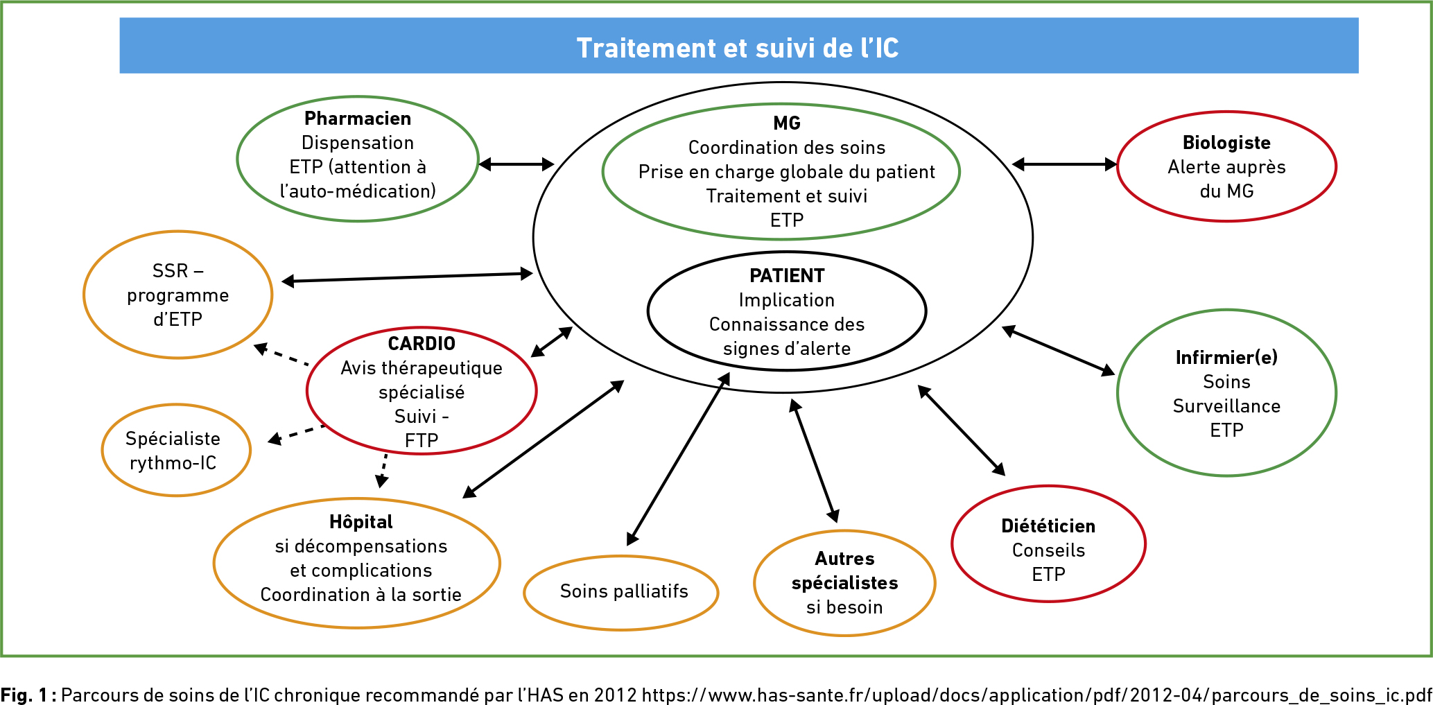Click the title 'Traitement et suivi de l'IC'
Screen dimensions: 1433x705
click(738, 48)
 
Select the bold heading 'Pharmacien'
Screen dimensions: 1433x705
click(358, 119)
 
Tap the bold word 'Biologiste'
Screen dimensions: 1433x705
click(1226, 143)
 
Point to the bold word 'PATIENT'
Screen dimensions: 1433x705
click(787, 276)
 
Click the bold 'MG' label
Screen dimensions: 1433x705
click(787, 123)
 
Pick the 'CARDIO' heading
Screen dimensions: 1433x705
click(422, 344)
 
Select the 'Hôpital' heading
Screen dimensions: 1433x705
click(361, 521)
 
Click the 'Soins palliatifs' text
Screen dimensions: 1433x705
click(624, 591)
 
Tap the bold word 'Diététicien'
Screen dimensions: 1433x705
click(1048, 526)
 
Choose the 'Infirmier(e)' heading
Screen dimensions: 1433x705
click(1226, 358)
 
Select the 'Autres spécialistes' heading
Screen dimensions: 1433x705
click(844, 571)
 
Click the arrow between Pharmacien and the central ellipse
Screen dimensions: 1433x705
click(516, 164)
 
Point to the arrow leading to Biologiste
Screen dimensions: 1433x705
click(1065, 164)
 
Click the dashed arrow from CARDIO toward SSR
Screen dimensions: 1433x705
click(281, 354)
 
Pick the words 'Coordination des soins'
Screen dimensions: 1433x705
click(787, 148)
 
